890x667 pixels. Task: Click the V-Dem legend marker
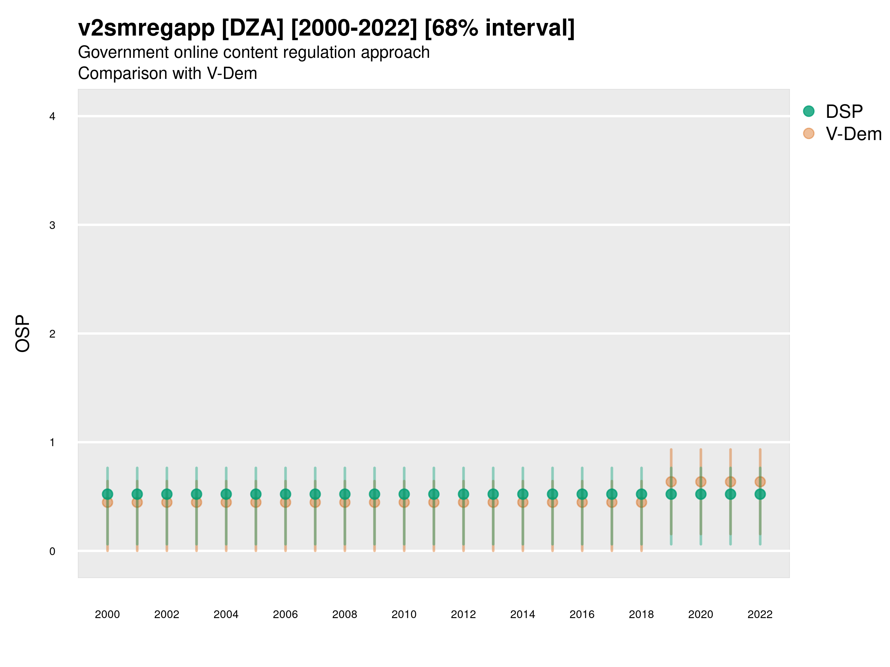pos(808,133)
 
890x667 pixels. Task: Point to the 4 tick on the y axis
pos(52,117)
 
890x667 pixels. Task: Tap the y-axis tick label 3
pos(52,225)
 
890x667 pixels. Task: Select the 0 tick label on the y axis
pos(52,551)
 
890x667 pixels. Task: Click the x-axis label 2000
pos(108,614)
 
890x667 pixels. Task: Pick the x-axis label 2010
pos(404,614)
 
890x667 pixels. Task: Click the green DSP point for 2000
pos(108,494)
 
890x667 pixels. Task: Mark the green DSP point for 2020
pos(701,494)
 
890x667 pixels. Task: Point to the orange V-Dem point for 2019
pos(671,482)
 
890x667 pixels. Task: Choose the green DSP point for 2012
pos(463,494)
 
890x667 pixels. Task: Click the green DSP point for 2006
pos(285,494)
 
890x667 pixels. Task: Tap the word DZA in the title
pos(253,28)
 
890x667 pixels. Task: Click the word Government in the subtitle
pos(123,53)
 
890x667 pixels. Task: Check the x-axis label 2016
pos(582,614)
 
